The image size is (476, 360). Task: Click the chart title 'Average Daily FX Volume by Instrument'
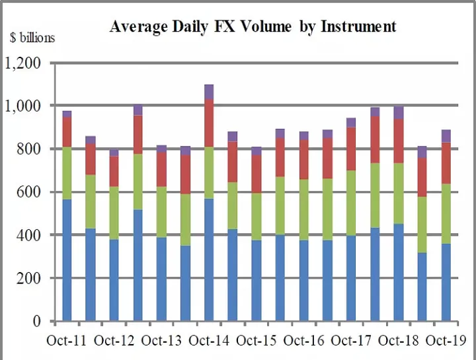[x=253, y=26]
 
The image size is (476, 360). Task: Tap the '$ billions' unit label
[x=32, y=38]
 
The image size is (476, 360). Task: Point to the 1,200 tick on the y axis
[x=23, y=64]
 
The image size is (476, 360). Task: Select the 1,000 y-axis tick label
[x=23, y=106]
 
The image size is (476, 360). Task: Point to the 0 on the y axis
[x=36, y=322]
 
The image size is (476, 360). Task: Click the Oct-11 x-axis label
[x=65, y=341]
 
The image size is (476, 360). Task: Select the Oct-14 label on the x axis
[x=209, y=341]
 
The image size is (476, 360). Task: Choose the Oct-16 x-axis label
[x=304, y=341]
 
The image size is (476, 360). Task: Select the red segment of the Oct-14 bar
[x=209, y=123]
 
